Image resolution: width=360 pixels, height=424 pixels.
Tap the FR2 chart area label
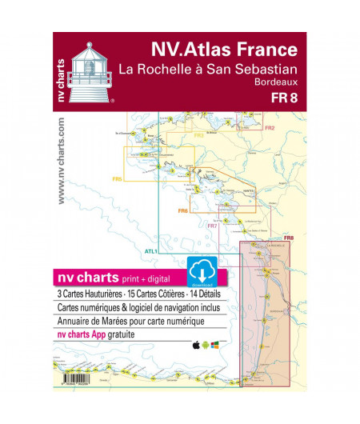[x=270, y=128]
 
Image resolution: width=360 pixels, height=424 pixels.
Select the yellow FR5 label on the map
[x=117, y=179]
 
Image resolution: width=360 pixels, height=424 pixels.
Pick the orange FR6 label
[x=182, y=210]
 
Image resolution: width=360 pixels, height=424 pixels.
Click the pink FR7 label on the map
[x=212, y=226]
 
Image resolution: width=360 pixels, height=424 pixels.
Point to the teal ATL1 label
[x=150, y=251]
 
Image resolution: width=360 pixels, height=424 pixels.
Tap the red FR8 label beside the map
[x=289, y=238]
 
